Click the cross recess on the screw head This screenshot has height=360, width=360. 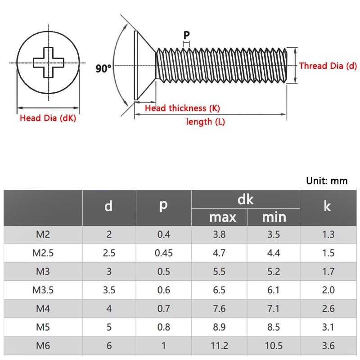49,63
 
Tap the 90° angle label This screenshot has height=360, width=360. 103,68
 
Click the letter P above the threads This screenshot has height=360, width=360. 187,35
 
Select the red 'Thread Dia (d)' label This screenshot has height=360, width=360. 328,66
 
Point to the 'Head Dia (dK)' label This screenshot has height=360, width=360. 48,118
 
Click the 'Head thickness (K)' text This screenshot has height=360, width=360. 182,108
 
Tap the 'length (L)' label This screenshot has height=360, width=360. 205,121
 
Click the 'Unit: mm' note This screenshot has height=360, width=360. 327,181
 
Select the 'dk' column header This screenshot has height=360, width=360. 245,199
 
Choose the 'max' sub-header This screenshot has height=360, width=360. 223,217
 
